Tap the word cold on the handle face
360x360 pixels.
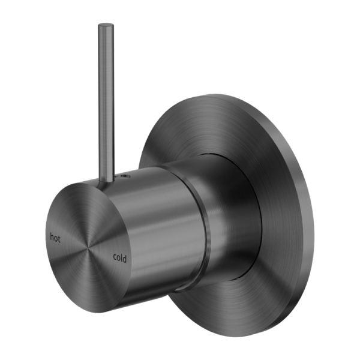(x=119, y=258)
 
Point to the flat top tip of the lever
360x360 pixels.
(x=106, y=25)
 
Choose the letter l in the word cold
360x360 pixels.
(x=121, y=257)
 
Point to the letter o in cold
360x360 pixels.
(x=118, y=259)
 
